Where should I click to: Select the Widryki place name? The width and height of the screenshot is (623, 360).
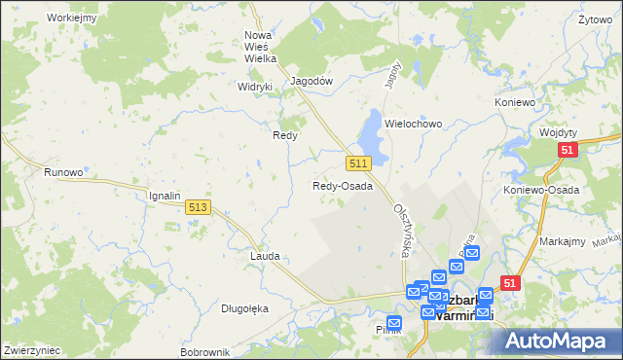coord(255,86)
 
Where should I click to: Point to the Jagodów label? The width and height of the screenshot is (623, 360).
coord(313,82)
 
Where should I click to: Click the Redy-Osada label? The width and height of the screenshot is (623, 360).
coord(342,186)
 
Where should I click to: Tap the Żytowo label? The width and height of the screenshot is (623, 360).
coord(594,19)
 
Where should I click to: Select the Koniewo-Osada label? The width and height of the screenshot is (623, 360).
coord(541,190)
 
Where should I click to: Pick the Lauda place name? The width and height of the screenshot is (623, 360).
coord(265,256)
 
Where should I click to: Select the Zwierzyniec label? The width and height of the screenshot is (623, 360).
coord(32,349)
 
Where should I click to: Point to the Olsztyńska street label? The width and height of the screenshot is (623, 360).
coord(401,231)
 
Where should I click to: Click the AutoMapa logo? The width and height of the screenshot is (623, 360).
coord(559,342)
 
